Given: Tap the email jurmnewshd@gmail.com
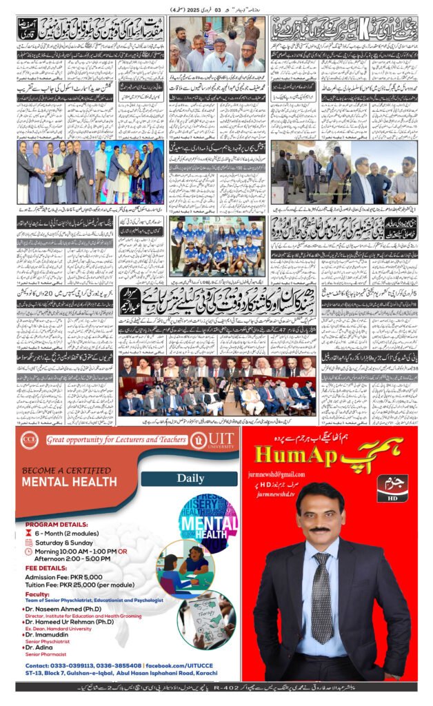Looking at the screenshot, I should (283, 475).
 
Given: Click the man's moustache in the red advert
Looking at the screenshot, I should (319, 529).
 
